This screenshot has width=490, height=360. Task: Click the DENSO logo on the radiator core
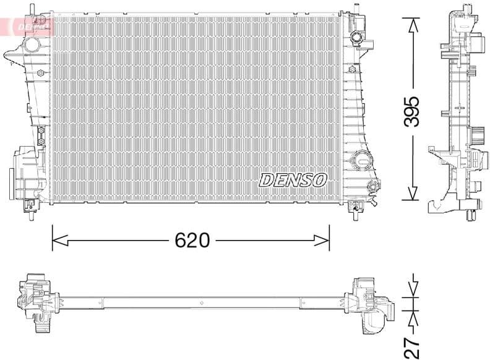(x=293, y=180)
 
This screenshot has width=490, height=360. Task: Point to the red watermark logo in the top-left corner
(x=27, y=26)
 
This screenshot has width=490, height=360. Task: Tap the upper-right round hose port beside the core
(x=356, y=38)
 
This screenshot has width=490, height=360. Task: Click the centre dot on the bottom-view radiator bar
(x=202, y=302)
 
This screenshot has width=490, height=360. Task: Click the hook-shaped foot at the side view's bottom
(x=439, y=204)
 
